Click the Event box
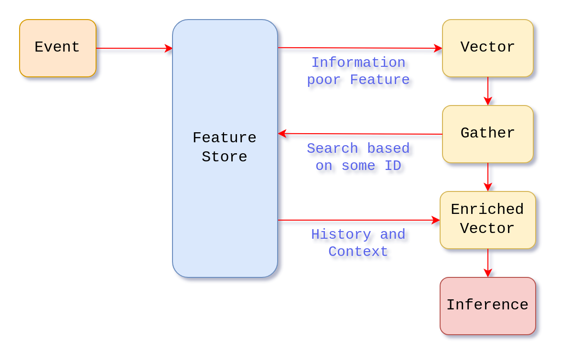tap(58, 48)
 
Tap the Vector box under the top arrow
tap(487, 48)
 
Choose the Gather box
tap(487, 134)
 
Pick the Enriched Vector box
tap(487, 220)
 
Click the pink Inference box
tap(487, 306)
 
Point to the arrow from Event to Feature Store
tap(134, 49)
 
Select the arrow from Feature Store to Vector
tap(358, 48)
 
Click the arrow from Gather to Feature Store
tap(358, 134)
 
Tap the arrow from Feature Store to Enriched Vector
tap(358, 220)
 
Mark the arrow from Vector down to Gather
tap(487, 91)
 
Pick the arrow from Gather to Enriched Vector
tap(487, 177)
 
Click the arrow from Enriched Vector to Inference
tap(487, 263)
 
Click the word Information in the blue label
tap(358, 63)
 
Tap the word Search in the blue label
tap(333, 148)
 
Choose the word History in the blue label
tap(341, 234)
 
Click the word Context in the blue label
tap(358, 252)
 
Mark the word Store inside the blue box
tap(225, 157)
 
